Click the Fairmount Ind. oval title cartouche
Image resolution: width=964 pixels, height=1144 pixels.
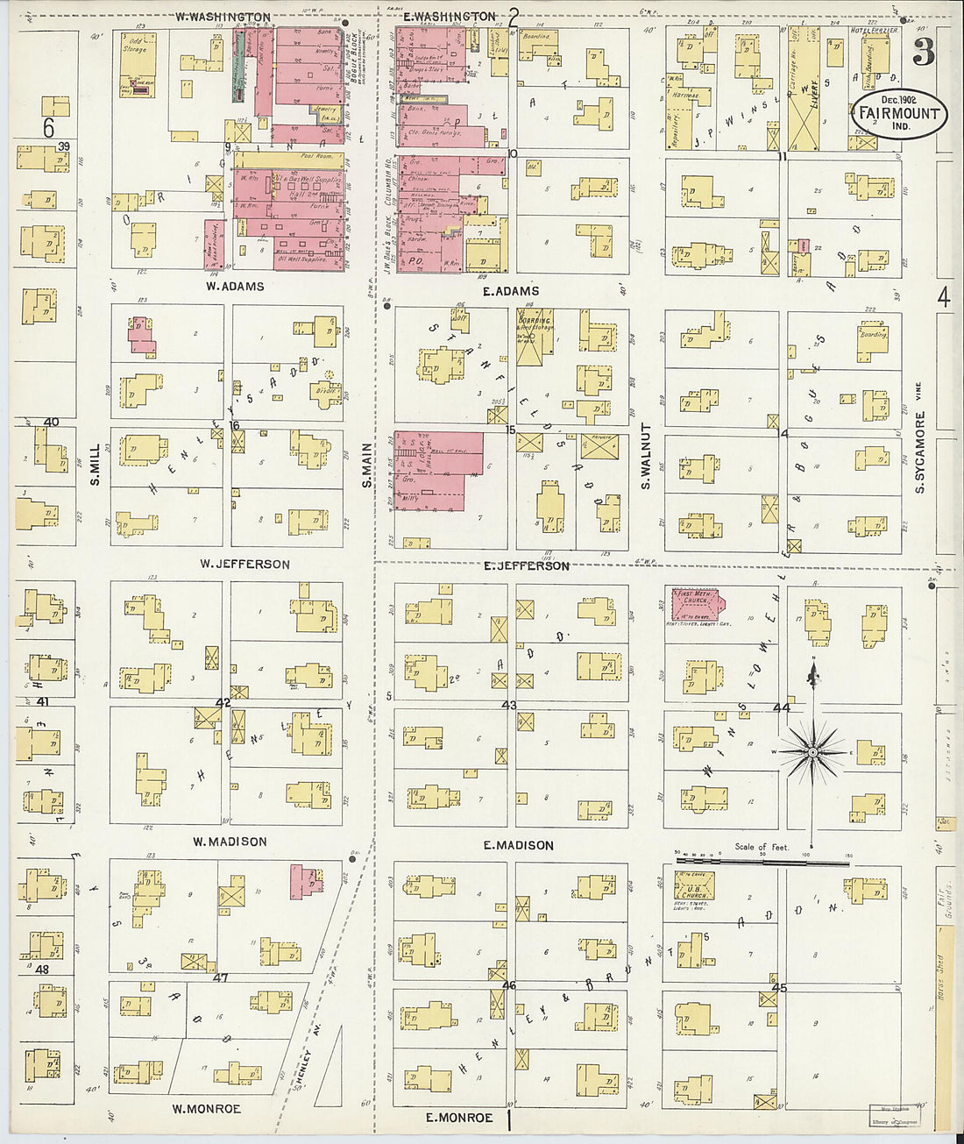pyautogui.click(x=897, y=114)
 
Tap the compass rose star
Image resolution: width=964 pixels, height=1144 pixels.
pyautogui.click(x=812, y=752)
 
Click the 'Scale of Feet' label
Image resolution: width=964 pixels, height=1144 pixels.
pyautogui.click(x=762, y=847)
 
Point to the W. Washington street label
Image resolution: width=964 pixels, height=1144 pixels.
pyautogui.click(x=223, y=17)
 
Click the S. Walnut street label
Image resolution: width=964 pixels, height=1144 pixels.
pyautogui.click(x=646, y=456)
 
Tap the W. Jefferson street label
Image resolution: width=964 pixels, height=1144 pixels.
pyautogui.click(x=245, y=564)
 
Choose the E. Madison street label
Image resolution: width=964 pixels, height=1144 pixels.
pyautogui.click(x=518, y=845)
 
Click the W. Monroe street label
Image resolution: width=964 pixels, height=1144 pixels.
pyautogui.click(x=206, y=1109)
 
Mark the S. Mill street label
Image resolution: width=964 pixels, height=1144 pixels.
pyautogui.click(x=96, y=465)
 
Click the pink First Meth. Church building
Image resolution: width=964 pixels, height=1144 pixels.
pyautogui.click(x=695, y=605)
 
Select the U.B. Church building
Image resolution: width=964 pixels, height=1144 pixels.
pyautogui.click(x=694, y=885)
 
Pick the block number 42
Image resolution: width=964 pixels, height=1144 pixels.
pyautogui.click(x=223, y=702)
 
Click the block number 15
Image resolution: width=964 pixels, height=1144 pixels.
pyautogui.click(x=510, y=430)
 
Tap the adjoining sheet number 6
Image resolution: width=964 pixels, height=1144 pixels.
pyautogui.click(x=49, y=129)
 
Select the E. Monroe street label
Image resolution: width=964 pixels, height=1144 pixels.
pyautogui.click(x=458, y=1118)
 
